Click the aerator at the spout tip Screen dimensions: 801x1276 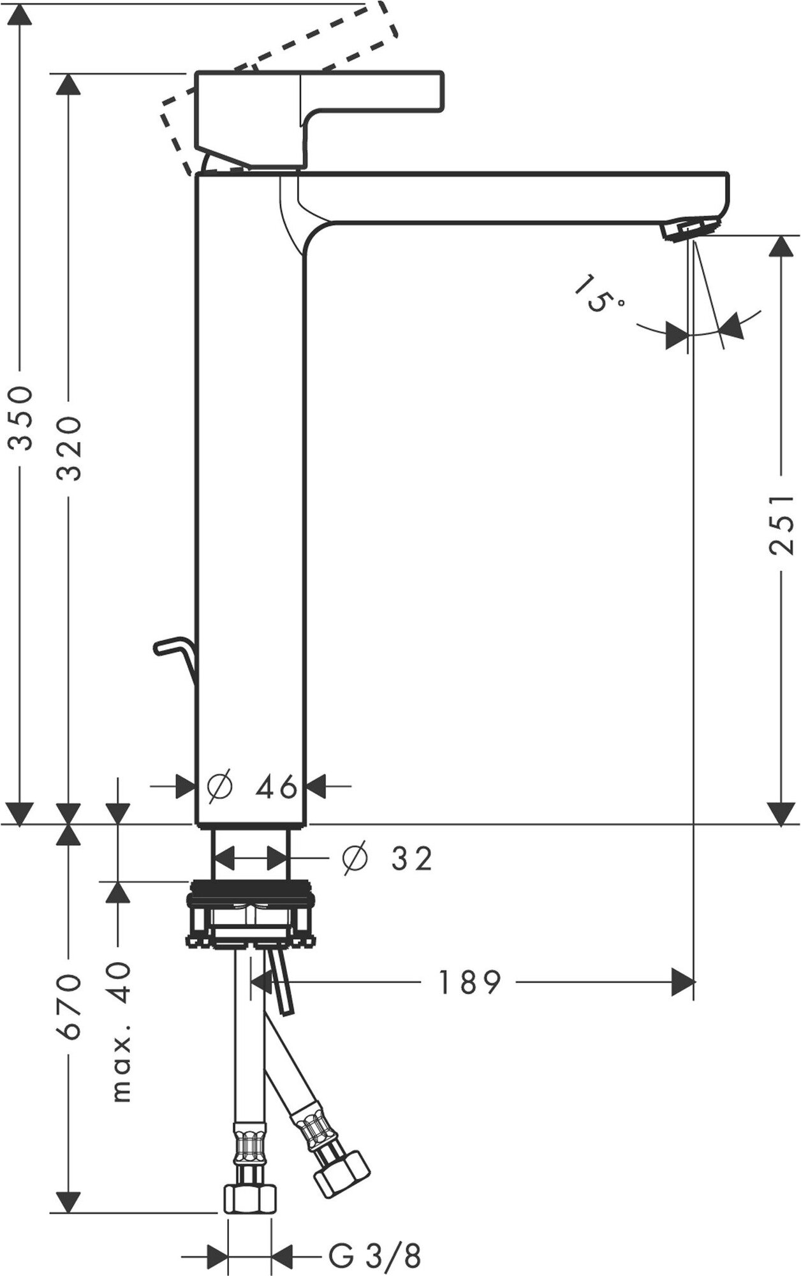point(691,229)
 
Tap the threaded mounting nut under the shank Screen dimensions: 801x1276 point(250,917)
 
